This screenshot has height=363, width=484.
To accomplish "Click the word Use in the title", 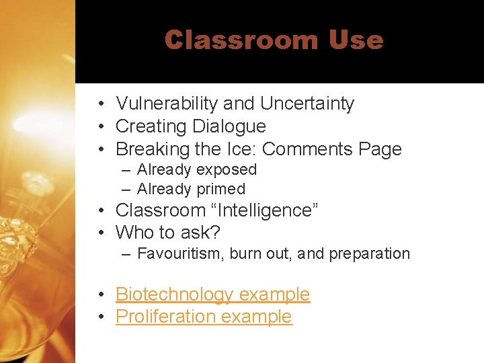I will tap(356, 40).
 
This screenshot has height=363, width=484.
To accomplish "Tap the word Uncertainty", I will tap(307, 104).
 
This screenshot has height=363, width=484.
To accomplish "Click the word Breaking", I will tap(146, 149).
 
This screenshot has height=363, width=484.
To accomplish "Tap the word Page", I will tap(379, 149).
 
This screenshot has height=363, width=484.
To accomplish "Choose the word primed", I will tap(220, 190).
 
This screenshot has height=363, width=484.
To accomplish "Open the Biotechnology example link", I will tap(212, 294).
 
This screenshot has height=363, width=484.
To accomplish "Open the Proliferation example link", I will tap(204, 317).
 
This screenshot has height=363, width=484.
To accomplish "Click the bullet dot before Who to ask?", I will tap(99, 233).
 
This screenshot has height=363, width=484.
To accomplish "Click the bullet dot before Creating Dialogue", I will tap(99, 127).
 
